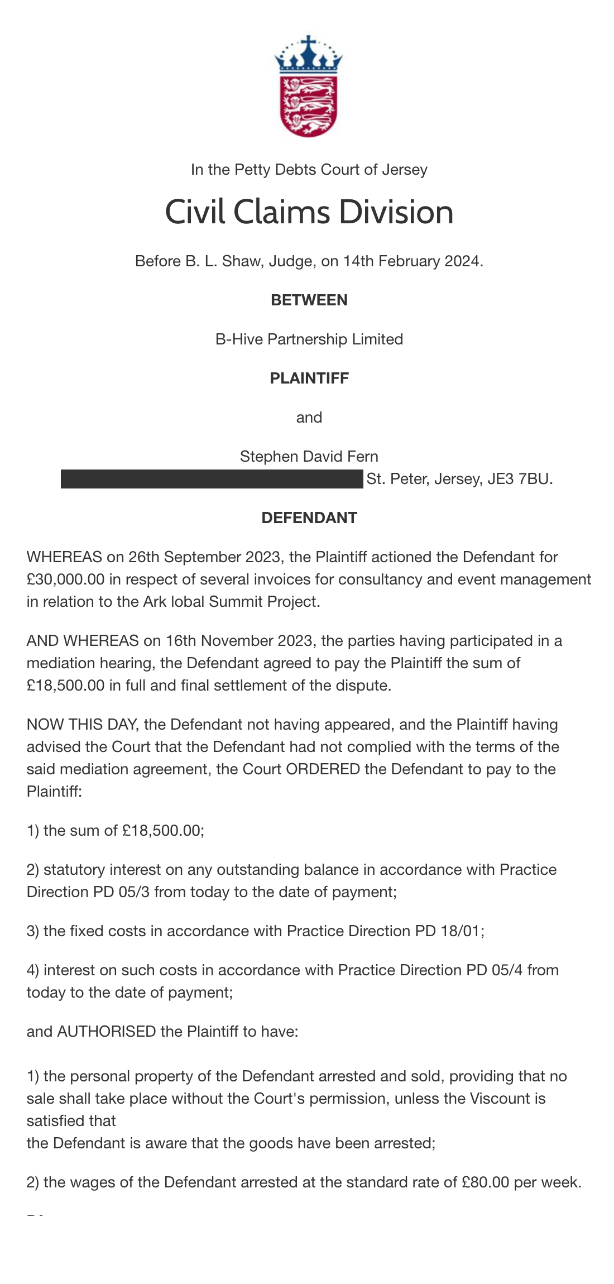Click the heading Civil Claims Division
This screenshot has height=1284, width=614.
(x=309, y=212)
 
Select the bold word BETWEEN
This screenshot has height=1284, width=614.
(x=309, y=300)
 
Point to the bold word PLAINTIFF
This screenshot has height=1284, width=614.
(x=309, y=379)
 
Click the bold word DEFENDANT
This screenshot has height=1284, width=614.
(x=309, y=518)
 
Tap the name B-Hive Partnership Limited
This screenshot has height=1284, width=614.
(x=309, y=339)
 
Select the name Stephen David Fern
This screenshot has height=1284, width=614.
(x=309, y=457)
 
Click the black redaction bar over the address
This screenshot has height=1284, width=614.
(x=212, y=479)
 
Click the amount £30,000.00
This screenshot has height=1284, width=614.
(x=65, y=579)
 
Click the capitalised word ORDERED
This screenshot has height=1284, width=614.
(x=323, y=769)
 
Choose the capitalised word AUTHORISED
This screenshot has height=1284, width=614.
(x=107, y=1032)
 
